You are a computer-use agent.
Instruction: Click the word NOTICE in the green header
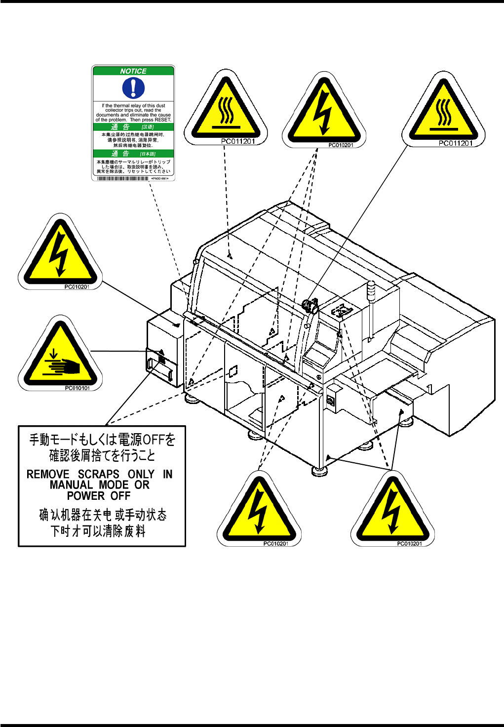pyautogui.click(x=133, y=71)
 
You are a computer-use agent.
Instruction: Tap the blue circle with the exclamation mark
pyautogui.click(x=133, y=88)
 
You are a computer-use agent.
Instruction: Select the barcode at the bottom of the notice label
pyautogui.click(x=123, y=178)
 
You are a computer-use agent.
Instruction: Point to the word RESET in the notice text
pyautogui.click(x=162, y=120)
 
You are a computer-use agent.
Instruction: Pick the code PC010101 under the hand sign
pyautogui.click(x=78, y=388)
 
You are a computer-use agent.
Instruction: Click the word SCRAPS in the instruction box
pyautogui.click(x=99, y=474)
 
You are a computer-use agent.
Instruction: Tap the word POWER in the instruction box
pyautogui.click(x=85, y=496)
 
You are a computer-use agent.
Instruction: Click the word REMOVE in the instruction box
pyautogui.click(x=48, y=474)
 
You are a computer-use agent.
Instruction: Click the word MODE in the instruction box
pyautogui.click(x=114, y=485)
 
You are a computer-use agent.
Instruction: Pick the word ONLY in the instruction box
pyautogui.click(x=141, y=474)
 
